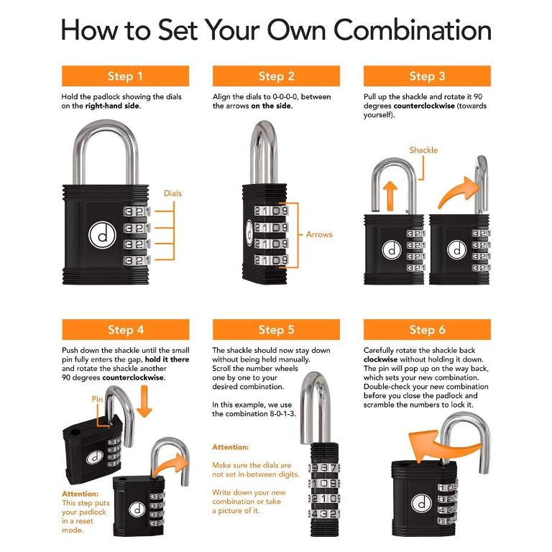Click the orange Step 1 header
pyautogui.click(x=125, y=76)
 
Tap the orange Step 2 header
pyautogui.click(x=276, y=76)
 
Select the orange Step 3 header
pyautogui.click(x=427, y=76)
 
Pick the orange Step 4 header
pyautogui.click(x=125, y=330)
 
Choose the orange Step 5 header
pyautogui.click(x=276, y=330)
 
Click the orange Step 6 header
pyautogui.click(x=427, y=330)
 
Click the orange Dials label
pyautogui.click(x=172, y=193)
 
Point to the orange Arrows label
pyautogui.click(x=319, y=234)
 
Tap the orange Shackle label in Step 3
pyautogui.click(x=423, y=150)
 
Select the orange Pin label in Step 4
pyautogui.click(x=98, y=397)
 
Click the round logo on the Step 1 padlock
pyautogui.click(x=98, y=234)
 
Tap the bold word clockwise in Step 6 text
pyautogui.click(x=381, y=359)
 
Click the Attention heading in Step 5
pyautogui.click(x=230, y=446)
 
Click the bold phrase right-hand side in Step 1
pyautogui.click(x=113, y=106)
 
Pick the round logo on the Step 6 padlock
pyautogui.click(x=421, y=503)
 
